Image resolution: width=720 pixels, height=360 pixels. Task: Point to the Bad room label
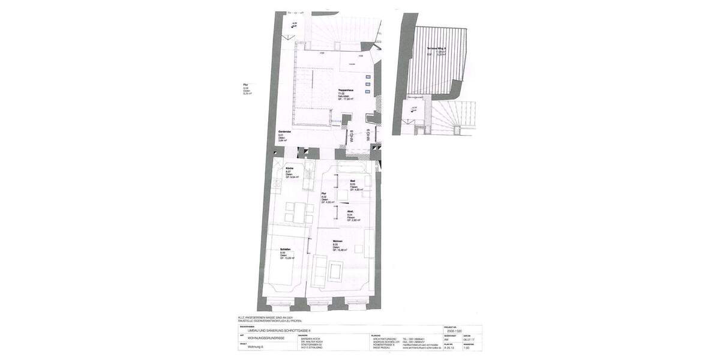(353, 181)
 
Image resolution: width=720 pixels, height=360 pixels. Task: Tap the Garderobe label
(284, 132)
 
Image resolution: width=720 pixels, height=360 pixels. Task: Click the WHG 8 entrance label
(352, 136)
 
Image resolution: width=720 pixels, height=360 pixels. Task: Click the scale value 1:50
(465, 347)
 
